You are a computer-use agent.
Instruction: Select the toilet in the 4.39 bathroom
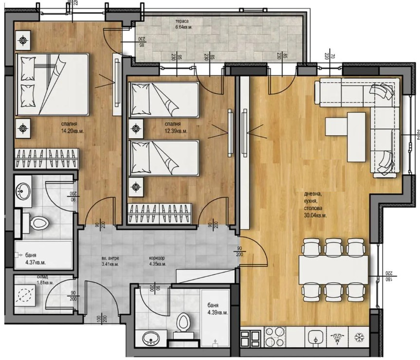pyautogui.click(x=183, y=322)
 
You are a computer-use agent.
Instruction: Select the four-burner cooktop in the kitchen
pyautogui.click(x=276, y=336)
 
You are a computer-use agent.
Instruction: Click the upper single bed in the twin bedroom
pyautogui.click(x=164, y=100)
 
